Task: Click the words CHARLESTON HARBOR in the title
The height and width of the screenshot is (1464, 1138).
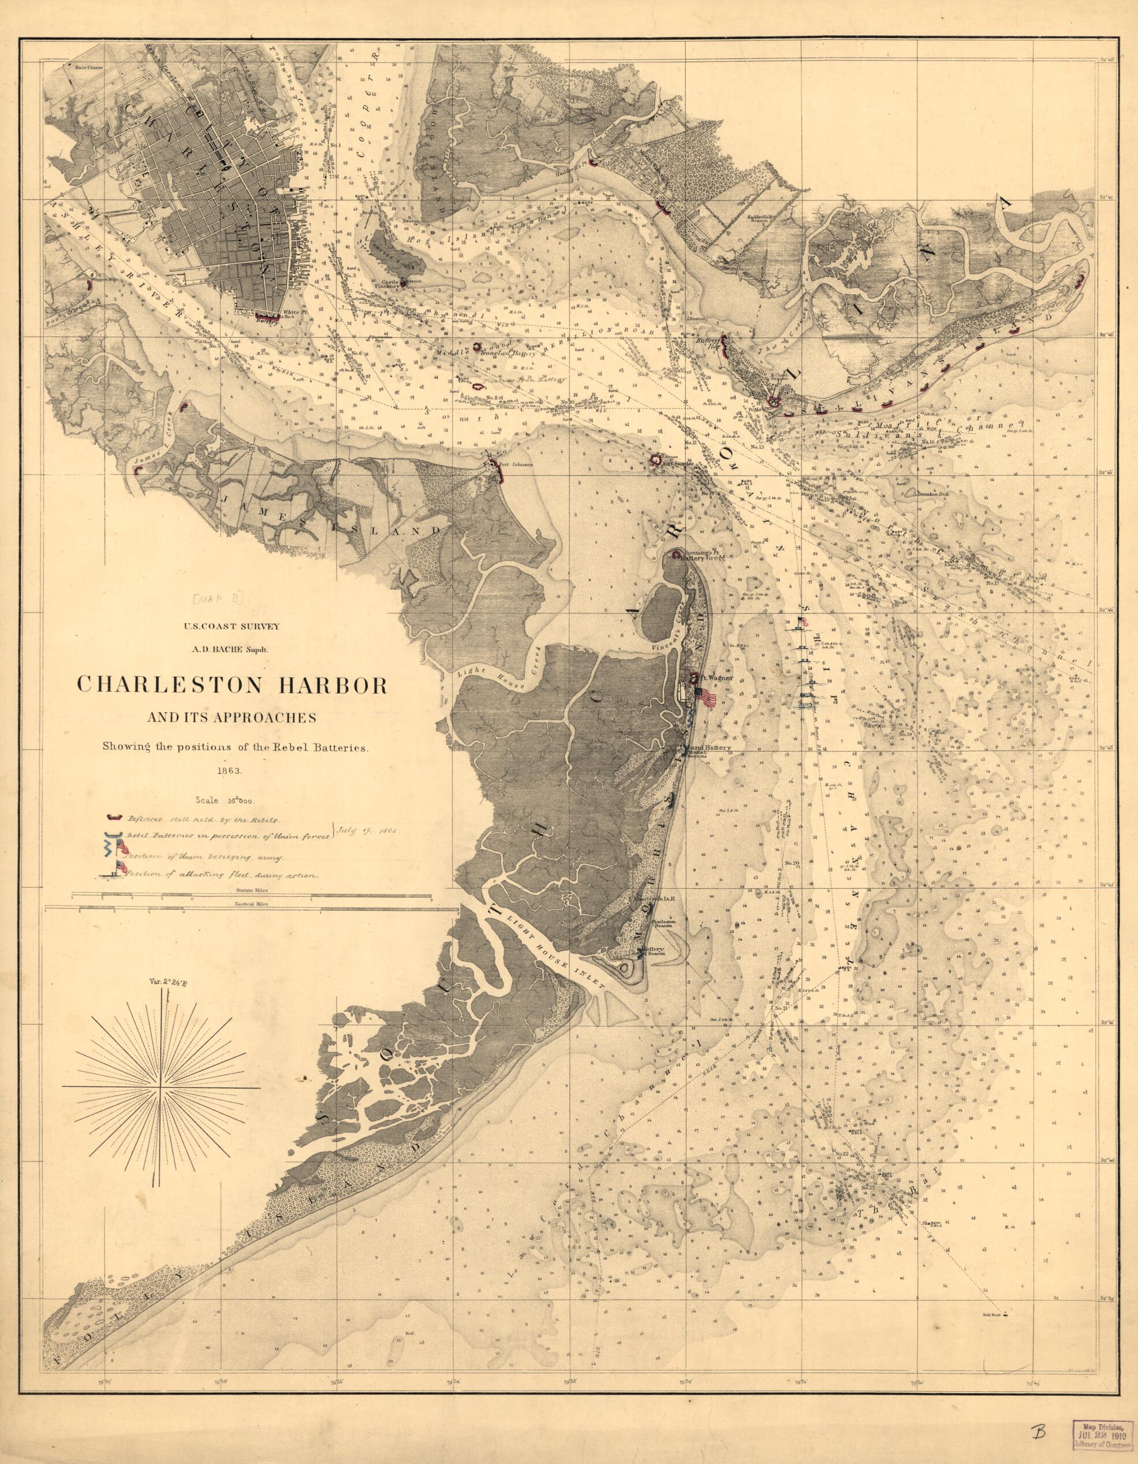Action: click(233, 684)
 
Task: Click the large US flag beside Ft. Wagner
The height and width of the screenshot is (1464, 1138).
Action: click(706, 698)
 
